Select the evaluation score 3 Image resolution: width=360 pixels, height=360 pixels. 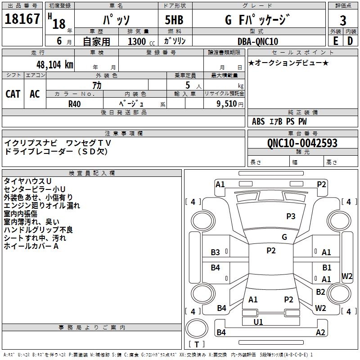(343, 20)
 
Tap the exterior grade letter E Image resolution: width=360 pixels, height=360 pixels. (335, 41)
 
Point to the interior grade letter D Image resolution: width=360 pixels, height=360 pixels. (350, 41)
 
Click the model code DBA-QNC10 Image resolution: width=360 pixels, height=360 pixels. (258, 41)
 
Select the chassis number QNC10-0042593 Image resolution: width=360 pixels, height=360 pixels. (302, 143)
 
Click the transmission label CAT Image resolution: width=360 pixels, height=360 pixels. (13, 94)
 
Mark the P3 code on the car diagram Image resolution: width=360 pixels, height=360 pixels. (291, 216)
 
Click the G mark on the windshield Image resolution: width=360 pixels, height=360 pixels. (284, 237)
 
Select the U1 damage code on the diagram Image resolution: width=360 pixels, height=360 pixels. (258, 322)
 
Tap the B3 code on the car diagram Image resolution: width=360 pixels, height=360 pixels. (216, 252)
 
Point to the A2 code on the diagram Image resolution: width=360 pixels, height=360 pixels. (320, 333)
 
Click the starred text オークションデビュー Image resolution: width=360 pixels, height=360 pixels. (288, 63)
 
